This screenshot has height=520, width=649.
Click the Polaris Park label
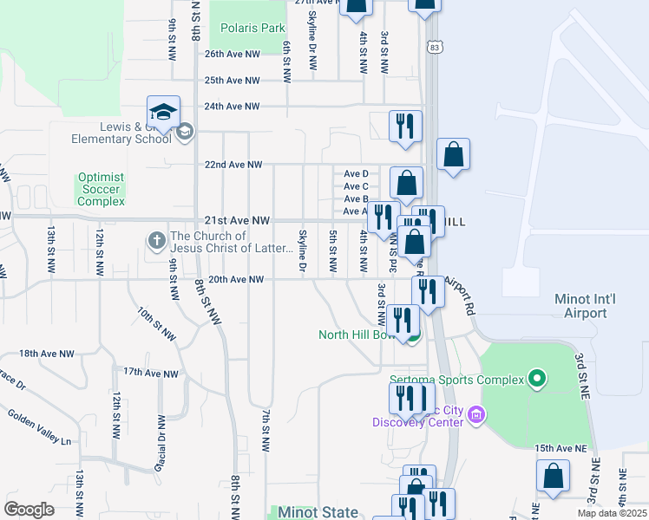pos(252,28)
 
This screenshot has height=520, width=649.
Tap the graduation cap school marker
pos(163,112)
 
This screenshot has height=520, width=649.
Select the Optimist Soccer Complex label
pos(101,189)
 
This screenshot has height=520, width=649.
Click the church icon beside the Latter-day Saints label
pos(157,239)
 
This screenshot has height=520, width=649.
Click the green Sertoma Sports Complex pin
pos(537,379)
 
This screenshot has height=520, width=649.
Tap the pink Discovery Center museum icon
pos(475,416)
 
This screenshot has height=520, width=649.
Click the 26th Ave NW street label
pos(232,54)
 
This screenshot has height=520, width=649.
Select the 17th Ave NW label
pos(150,374)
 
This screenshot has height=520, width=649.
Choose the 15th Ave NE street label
pos(560,448)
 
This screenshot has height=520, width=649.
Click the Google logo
pos(29,509)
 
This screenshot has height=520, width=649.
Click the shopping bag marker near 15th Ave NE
pos(553,477)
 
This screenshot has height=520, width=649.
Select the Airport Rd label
pos(462,295)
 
